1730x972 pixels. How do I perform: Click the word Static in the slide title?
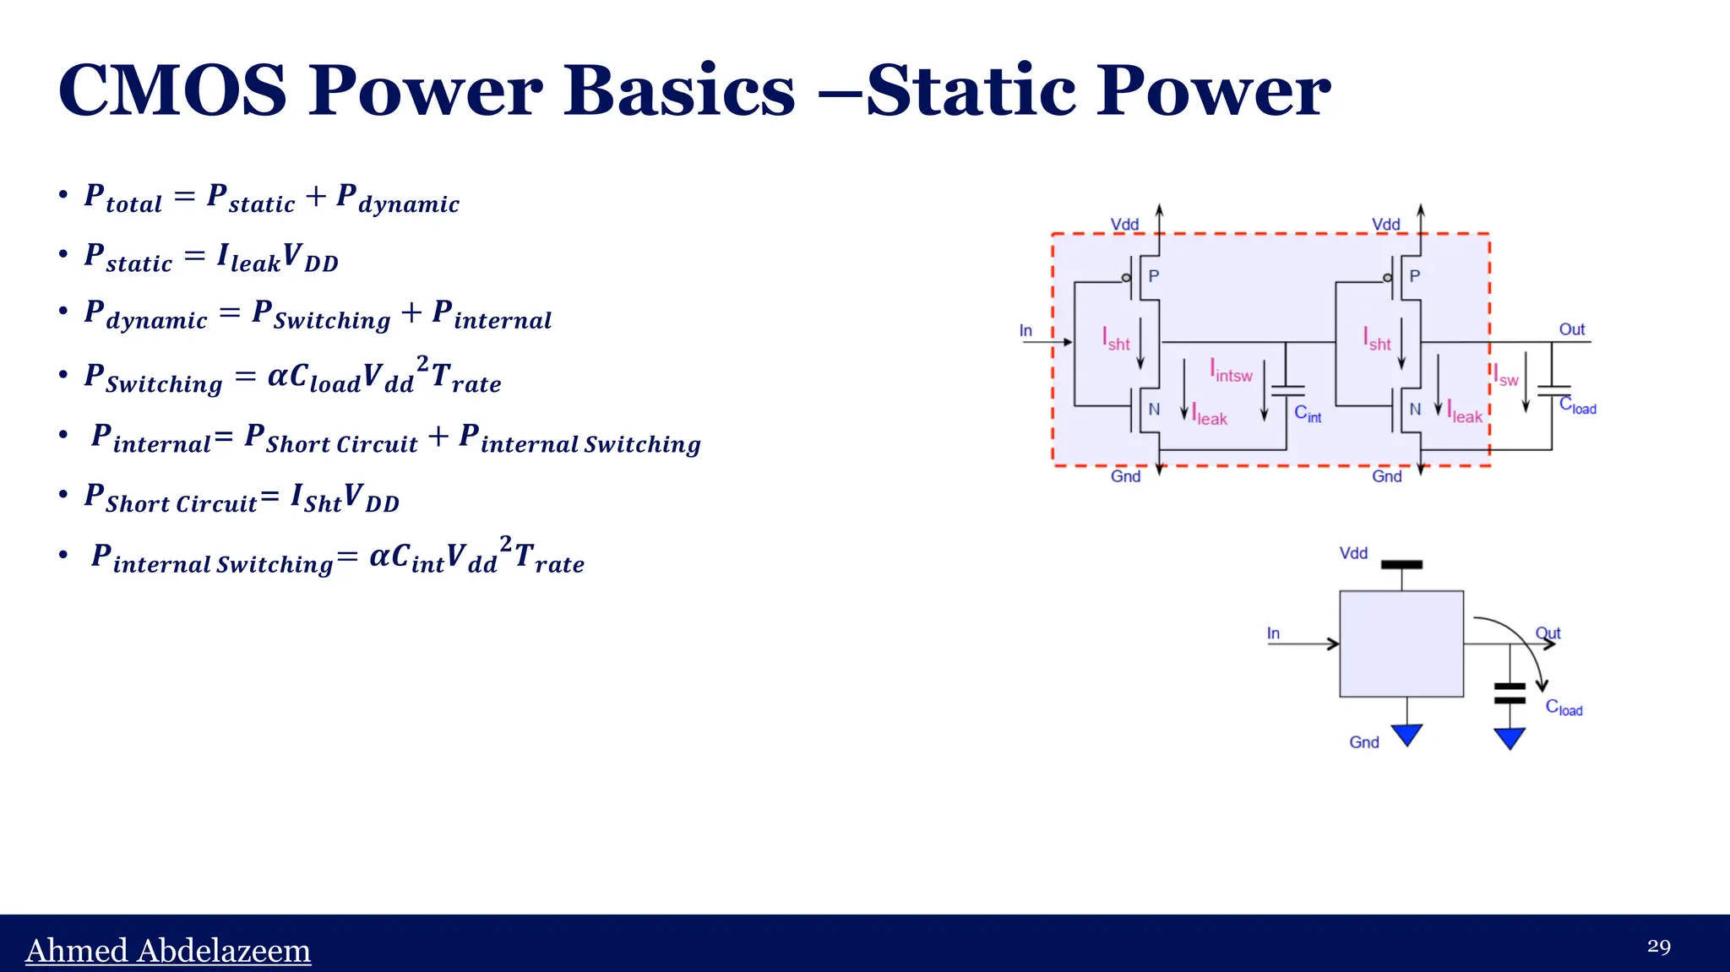point(971,90)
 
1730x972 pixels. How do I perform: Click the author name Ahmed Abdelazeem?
point(168,950)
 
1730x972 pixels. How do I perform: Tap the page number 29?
point(1658,946)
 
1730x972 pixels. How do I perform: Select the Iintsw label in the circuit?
point(1231,372)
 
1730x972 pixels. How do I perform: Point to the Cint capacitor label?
point(1307,413)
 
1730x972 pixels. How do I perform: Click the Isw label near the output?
point(1505,376)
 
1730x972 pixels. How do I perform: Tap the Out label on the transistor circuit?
point(1571,329)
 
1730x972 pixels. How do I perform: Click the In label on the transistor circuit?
point(1025,330)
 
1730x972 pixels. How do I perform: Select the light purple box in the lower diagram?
point(1401,643)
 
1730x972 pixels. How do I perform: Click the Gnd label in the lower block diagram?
point(1363,741)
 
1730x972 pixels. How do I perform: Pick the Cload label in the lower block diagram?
point(1564,708)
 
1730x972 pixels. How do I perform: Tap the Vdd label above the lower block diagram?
point(1352,553)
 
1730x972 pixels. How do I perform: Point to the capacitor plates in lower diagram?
point(1510,693)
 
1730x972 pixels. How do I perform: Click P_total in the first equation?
point(122,198)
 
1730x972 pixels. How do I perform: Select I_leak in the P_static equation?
point(248,257)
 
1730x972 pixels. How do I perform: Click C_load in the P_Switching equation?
point(324,377)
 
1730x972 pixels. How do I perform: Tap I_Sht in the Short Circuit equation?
point(316,497)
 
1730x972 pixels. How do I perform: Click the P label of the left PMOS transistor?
point(1153,276)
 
